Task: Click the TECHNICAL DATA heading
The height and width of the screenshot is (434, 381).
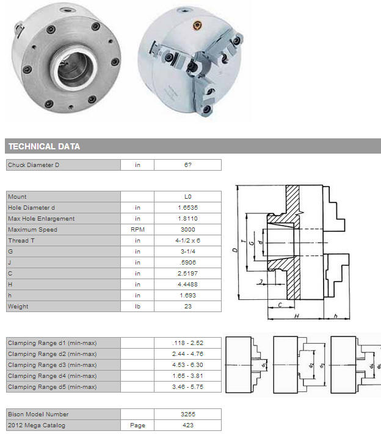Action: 44,146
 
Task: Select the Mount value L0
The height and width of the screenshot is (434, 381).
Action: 187,196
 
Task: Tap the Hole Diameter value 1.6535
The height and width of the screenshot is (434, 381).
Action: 187,208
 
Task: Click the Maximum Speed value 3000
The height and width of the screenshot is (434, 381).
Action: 187,229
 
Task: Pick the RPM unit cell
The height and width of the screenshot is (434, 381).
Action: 137,229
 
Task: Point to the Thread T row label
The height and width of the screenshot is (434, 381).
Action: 21,241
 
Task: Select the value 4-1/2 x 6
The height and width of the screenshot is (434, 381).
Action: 187,241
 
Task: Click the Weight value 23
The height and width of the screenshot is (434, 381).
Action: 187,307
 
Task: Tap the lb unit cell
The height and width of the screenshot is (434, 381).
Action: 137,307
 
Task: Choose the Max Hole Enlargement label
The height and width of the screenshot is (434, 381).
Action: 42,219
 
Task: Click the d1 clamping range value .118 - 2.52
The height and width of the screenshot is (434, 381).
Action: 187,343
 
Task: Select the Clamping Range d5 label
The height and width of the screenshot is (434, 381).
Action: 52,387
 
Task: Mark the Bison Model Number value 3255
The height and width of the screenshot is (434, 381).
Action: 187,414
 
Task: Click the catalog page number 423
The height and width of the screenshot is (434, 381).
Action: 187,425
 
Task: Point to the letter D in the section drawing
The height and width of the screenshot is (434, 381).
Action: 235,250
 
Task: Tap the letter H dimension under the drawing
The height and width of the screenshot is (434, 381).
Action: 296,316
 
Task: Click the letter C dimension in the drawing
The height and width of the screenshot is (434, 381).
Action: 280,305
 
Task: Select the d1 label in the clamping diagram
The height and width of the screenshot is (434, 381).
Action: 263,365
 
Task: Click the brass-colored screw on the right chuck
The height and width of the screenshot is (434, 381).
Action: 197,26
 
